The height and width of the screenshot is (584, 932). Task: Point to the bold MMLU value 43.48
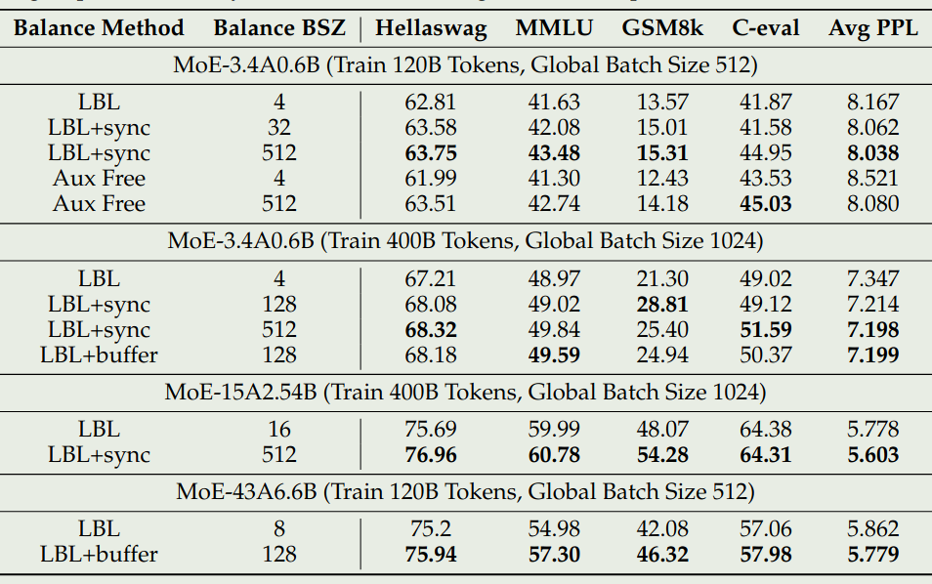pyautogui.click(x=553, y=153)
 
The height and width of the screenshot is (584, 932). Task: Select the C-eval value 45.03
pyautogui.click(x=765, y=204)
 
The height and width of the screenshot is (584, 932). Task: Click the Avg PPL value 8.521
pyautogui.click(x=872, y=179)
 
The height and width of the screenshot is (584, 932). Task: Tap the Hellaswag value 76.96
pyautogui.click(x=430, y=454)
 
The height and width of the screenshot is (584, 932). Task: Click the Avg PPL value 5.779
pyautogui.click(x=872, y=555)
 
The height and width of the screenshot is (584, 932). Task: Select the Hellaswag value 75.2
pyautogui.click(x=430, y=529)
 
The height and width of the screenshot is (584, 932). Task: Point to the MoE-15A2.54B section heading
pyautogui.click(x=465, y=393)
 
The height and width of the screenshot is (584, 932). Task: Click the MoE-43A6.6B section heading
pyautogui.click(x=465, y=492)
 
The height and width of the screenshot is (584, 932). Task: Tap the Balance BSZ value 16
pyautogui.click(x=279, y=429)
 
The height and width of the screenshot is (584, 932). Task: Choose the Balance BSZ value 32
pyautogui.click(x=279, y=128)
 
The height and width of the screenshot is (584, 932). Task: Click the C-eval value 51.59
pyautogui.click(x=765, y=330)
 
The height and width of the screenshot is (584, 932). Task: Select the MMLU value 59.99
pyautogui.click(x=553, y=429)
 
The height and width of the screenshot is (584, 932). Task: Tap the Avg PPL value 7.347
pyautogui.click(x=872, y=279)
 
